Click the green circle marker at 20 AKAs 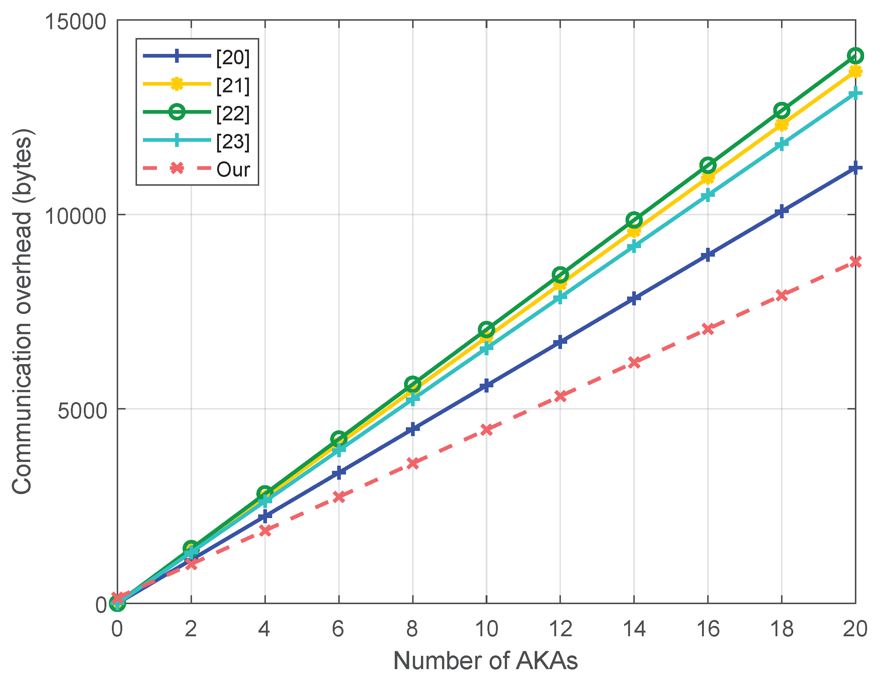(855, 56)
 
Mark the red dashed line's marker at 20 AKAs (855, 262)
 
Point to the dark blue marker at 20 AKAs (855, 168)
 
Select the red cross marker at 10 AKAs (486, 429)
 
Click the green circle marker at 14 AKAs (634, 220)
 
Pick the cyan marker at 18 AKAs (781, 144)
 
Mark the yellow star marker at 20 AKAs (855, 72)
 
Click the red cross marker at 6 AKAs (339, 497)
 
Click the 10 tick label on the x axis (486, 629)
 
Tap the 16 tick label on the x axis (708, 629)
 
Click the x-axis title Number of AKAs (486, 661)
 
